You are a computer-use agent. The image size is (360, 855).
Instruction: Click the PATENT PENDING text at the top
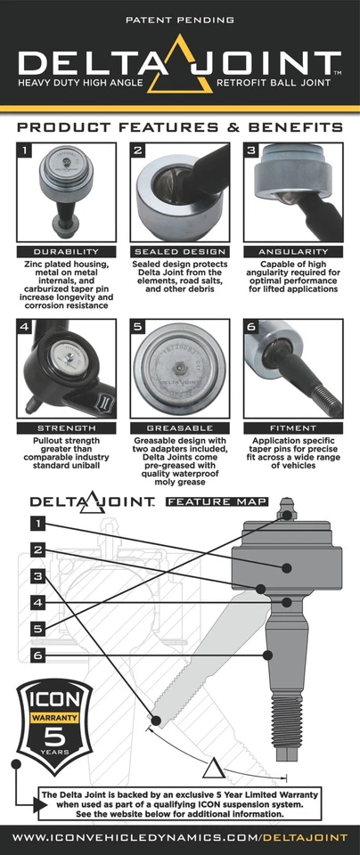click(180, 18)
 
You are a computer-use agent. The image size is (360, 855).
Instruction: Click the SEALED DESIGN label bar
click(179, 251)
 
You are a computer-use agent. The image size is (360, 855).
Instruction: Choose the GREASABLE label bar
click(179, 428)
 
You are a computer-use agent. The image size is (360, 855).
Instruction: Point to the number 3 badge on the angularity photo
click(251, 151)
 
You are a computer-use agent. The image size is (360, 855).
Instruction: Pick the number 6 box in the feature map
click(38, 655)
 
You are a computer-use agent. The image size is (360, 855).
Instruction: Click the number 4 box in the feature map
click(38, 603)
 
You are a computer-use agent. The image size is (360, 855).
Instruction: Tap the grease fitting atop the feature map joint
click(287, 514)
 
